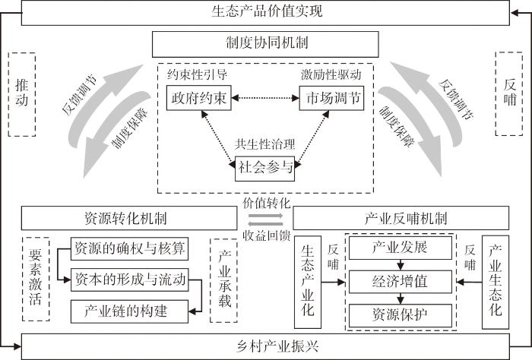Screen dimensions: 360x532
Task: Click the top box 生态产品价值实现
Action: pos(265,11)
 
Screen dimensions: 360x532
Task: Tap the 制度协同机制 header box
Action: pos(266,44)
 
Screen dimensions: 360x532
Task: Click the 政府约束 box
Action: pos(199,99)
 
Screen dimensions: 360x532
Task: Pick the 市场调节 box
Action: pos(331,99)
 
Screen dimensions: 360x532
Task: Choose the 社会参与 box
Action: pos(264,168)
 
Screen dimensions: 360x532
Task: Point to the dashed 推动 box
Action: pos(21,93)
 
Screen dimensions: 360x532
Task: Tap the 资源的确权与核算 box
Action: pos(130,249)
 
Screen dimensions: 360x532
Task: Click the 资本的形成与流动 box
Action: pos(130,279)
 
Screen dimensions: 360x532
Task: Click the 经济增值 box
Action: pos(401,281)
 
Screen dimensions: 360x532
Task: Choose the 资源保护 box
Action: pos(401,313)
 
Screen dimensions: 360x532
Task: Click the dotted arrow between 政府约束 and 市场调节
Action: pos(265,99)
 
